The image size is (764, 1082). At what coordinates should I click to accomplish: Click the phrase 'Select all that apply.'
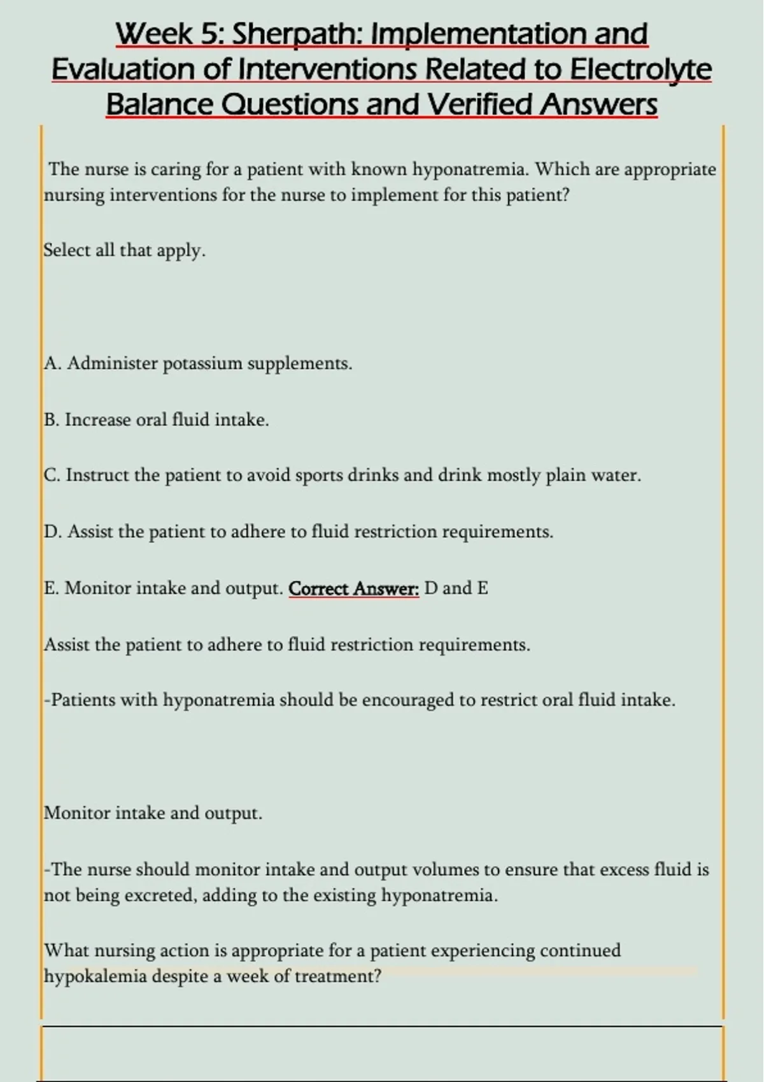tap(125, 250)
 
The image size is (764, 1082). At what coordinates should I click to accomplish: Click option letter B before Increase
tap(51, 420)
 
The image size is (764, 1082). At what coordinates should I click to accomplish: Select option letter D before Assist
tap(52, 531)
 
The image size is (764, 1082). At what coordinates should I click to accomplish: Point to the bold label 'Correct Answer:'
tap(354, 589)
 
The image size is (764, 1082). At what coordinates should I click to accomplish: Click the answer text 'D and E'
tap(456, 588)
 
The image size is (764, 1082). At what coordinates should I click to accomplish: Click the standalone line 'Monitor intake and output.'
tap(153, 813)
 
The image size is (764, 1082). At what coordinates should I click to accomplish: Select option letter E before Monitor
tap(50, 588)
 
